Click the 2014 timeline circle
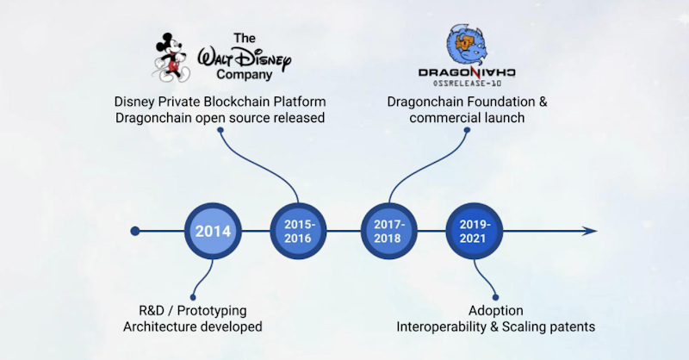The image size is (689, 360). point(212,231)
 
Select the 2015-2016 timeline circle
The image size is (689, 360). point(300,231)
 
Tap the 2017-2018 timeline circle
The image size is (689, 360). point(388,231)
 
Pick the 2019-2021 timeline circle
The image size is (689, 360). point(474,231)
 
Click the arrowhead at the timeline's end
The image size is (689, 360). point(589,231)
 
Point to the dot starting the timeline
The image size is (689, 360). point(135,231)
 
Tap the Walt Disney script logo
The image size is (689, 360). point(245,61)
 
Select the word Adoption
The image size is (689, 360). point(495,310)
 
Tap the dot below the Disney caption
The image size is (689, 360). point(220,131)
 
